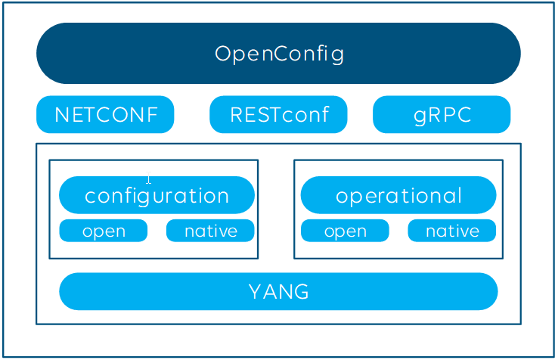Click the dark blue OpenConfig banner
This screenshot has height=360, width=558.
(278, 54)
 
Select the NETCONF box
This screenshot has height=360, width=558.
(105, 114)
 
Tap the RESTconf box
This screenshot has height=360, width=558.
(278, 114)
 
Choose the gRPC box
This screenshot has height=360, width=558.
(442, 114)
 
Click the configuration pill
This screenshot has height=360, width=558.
(157, 195)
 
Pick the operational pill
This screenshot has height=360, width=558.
(398, 195)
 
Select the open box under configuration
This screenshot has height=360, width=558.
(103, 231)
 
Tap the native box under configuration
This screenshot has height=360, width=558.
(210, 231)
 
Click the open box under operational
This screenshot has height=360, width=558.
(345, 231)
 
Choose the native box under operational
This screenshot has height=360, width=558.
(452, 231)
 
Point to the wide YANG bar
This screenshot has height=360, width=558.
(278, 291)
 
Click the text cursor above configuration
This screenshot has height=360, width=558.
(148, 178)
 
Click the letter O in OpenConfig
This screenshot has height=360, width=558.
(223, 54)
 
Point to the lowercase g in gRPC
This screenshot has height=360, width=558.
(420, 116)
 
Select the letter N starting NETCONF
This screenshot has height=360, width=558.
(62, 115)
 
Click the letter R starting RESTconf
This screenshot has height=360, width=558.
(237, 115)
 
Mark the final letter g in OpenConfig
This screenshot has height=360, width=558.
(337, 55)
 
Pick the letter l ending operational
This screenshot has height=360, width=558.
(460, 195)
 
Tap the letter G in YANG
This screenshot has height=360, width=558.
(302, 292)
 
